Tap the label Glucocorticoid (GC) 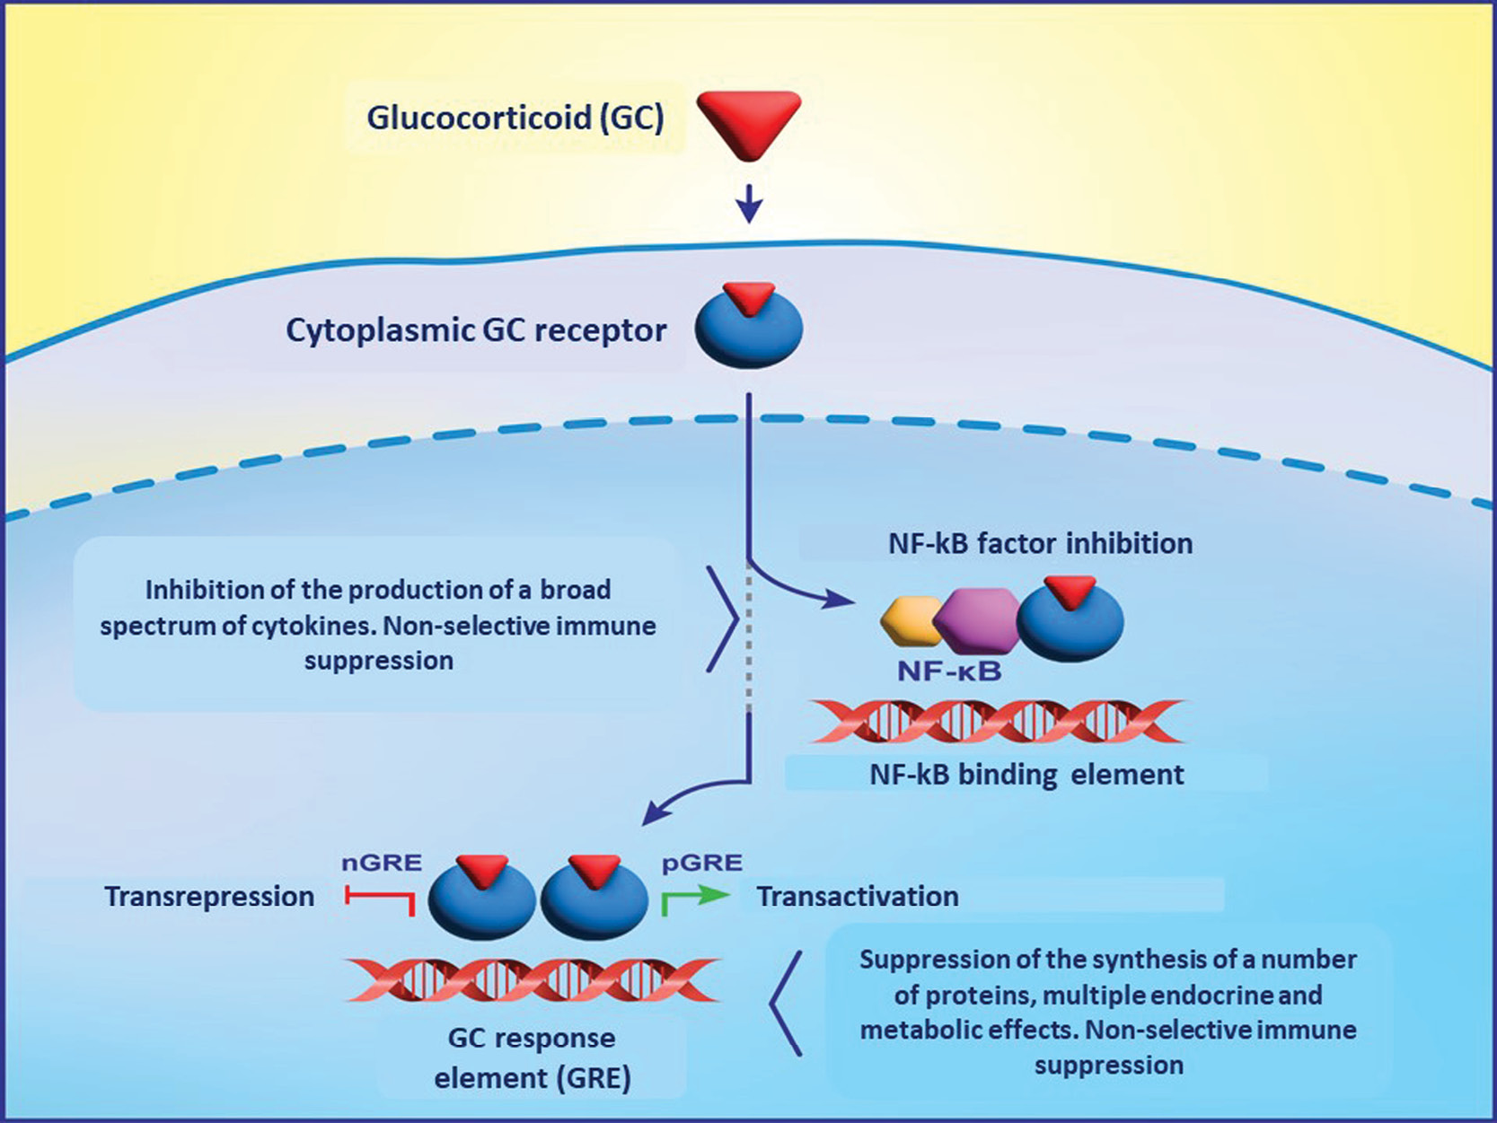(x=515, y=118)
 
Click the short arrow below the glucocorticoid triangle (x=749, y=204)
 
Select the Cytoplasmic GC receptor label (x=476, y=330)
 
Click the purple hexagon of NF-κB (x=976, y=620)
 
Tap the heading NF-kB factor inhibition (x=1040, y=543)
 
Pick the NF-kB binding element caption (x=1026, y=774)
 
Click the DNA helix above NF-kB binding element (x=997, y=722)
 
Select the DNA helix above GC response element (x=532, y=979)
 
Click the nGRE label (x=382, y=864)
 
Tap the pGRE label (x=702, y=864)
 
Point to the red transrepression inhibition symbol (x=381, y=899)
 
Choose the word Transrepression (x=209, y=897)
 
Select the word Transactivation (x=858, y=897)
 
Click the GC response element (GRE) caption (x=532, y=1057)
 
